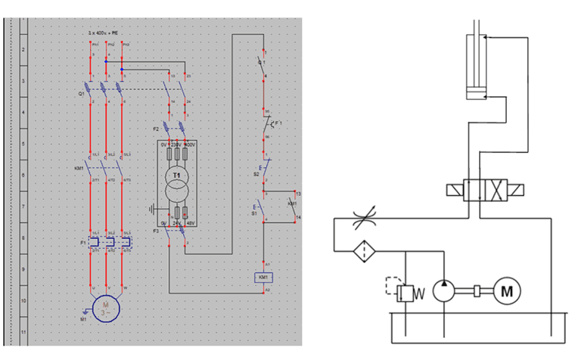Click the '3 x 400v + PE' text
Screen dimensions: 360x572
106,34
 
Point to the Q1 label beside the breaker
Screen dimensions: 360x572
81,94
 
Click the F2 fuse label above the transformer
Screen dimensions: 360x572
157,129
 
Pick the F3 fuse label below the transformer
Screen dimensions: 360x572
157,229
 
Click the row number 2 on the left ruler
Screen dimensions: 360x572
23,49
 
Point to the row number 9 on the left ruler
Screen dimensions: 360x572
23,268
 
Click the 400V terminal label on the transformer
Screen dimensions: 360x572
190,144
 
